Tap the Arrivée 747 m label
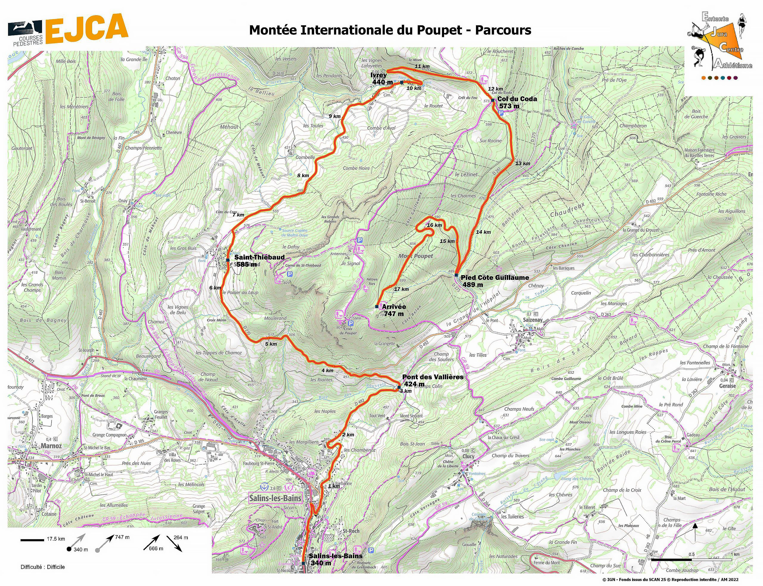394,310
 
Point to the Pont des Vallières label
432,380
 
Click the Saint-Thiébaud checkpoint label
259,261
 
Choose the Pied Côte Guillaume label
494,281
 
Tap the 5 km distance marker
271,344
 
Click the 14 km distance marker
483,232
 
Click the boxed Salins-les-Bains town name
275,498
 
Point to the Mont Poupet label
415,256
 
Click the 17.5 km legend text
56,539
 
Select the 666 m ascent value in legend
156,548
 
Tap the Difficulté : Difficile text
43,567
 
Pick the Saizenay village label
533,320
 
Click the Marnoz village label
51,446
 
